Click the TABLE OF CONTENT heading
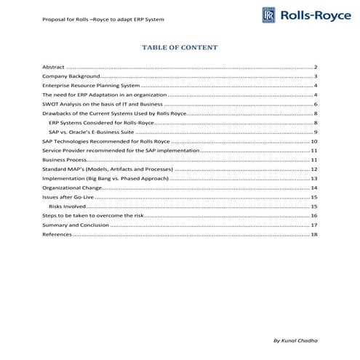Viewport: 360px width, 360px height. click(180, 47)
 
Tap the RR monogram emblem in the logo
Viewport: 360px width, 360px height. click(268, 16)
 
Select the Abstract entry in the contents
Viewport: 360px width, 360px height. click(54, 66)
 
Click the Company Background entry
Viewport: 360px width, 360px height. click(70, 76)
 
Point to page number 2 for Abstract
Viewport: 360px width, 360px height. click(316, 66)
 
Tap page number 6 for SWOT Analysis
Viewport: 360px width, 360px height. click(316, 104)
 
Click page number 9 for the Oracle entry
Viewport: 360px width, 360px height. click(316, 132)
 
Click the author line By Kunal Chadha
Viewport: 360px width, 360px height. click(294, 340)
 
